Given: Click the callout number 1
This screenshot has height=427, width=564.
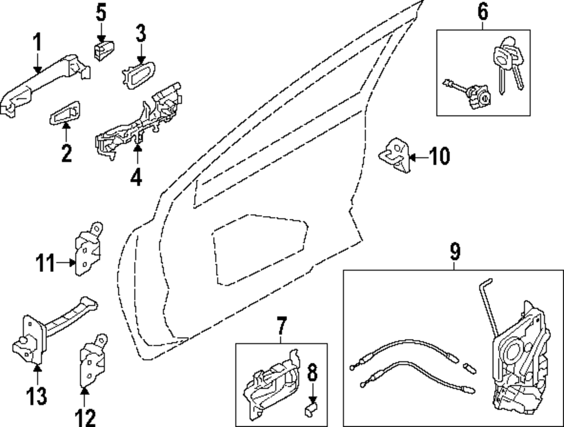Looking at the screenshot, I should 38,42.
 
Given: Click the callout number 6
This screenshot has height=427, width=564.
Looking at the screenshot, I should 483,11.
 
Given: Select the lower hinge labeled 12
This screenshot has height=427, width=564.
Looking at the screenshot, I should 92,361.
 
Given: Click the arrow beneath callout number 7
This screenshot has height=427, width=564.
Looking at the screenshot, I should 281,338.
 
